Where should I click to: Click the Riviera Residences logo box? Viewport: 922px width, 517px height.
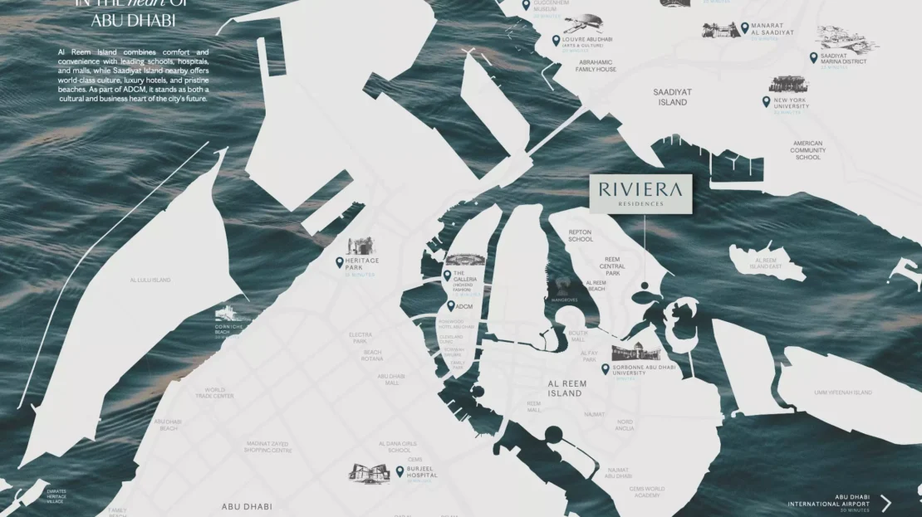coord(641,193)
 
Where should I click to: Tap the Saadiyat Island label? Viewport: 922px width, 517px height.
coord(672,97)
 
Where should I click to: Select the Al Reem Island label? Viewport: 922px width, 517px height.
coord(565,388)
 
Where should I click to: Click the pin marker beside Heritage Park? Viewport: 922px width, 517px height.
coord(339,262)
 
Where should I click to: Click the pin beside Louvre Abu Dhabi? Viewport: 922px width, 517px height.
coord(556,40)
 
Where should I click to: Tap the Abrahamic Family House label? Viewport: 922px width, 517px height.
coord(596,66)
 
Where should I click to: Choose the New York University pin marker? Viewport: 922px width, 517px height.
coord(767,101)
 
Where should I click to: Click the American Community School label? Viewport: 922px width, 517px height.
coord(807,150)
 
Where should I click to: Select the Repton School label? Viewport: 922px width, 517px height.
coord(581,236)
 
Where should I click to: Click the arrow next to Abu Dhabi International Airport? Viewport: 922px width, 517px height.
coord(886,503)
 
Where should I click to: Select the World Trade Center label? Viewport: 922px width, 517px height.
coord(214,393)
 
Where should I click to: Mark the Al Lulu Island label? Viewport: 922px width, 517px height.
coord(150,280)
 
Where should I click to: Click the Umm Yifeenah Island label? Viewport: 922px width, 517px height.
coord(842,392)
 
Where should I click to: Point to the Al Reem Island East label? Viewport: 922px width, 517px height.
coord(765,262)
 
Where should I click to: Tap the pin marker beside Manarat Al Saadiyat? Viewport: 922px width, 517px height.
coord(744,27)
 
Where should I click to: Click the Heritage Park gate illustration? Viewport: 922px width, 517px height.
coord(362,246)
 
